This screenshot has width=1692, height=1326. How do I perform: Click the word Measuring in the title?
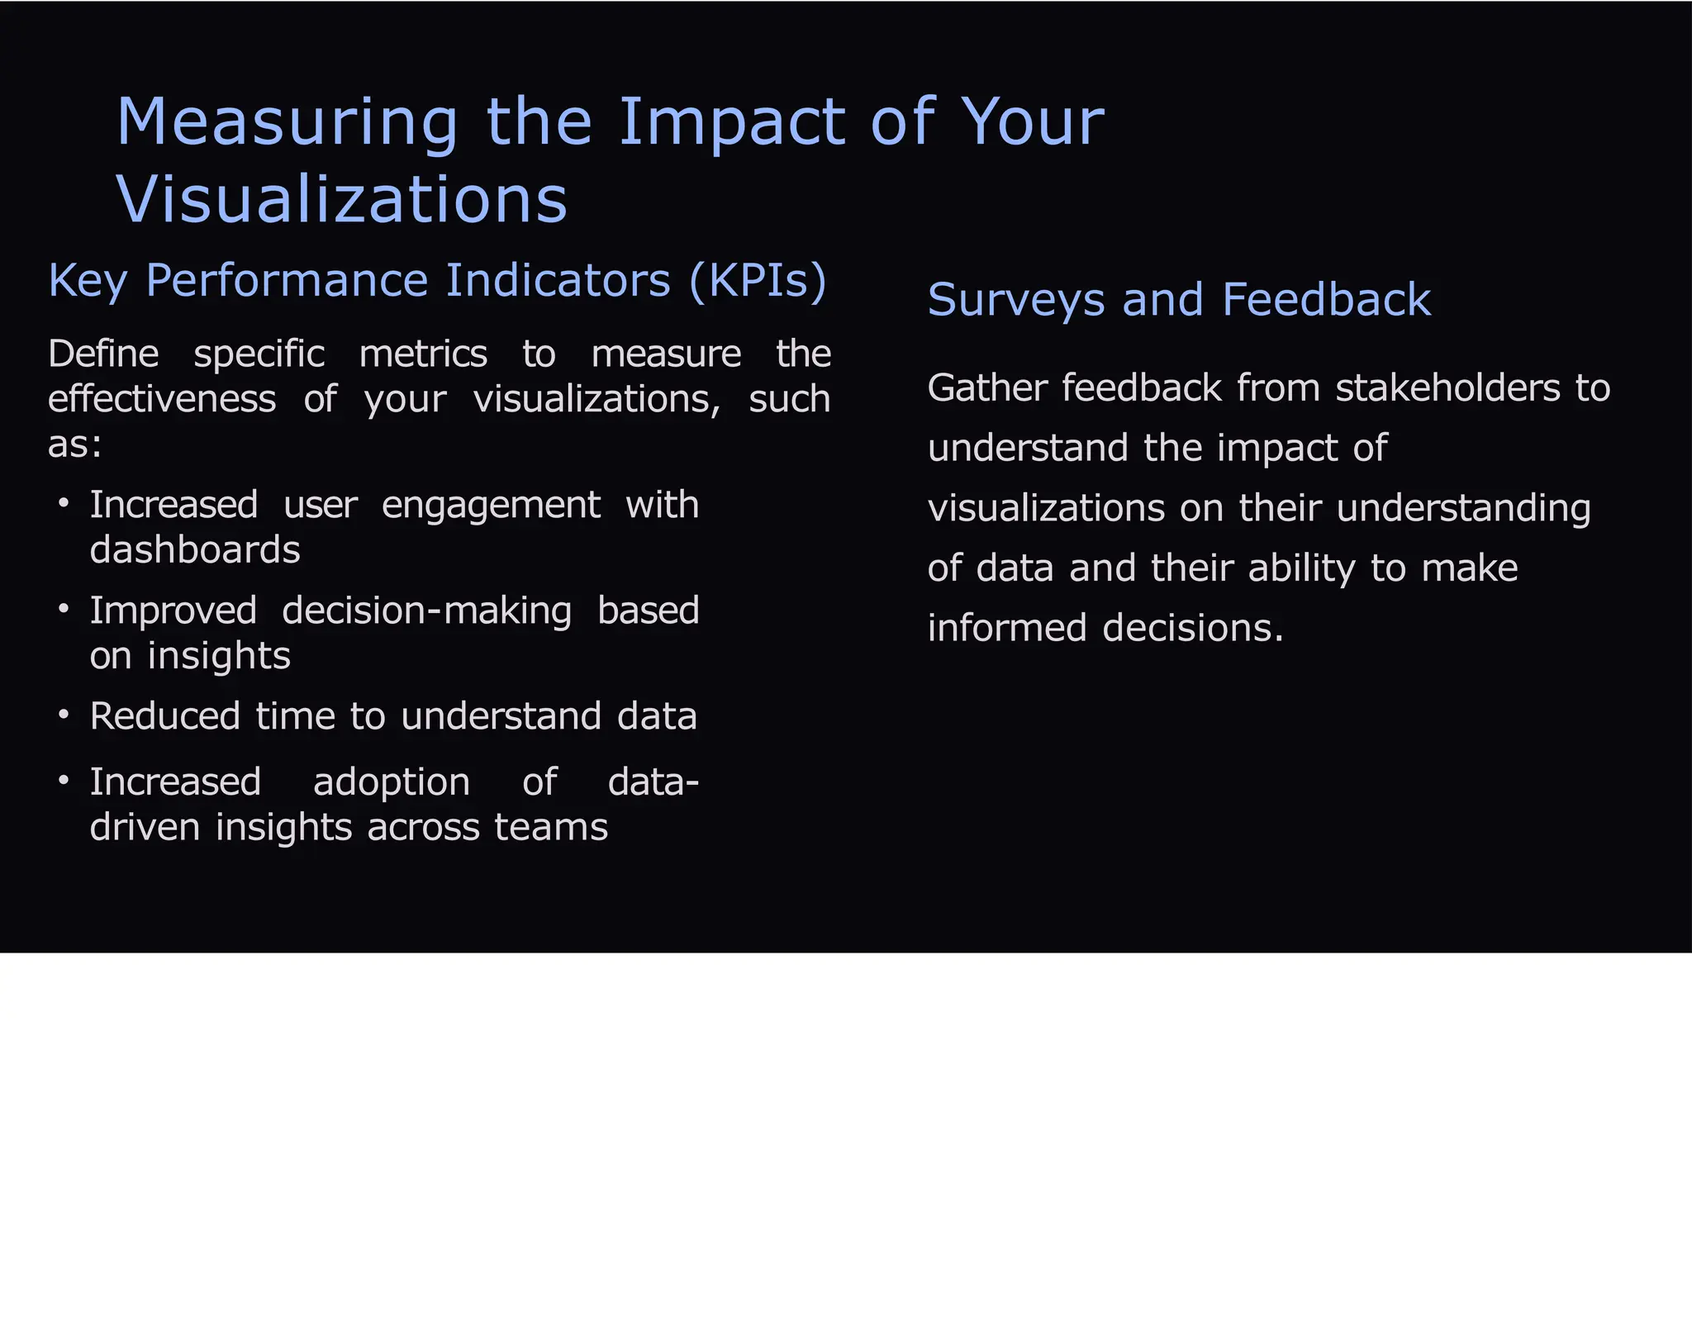point(287,122)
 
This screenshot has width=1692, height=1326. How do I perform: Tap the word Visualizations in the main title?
point(341,200)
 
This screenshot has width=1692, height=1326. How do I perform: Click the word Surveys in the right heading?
point(1015,300)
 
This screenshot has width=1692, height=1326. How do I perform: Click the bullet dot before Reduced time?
point(64,714)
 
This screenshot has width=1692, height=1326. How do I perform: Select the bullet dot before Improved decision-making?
point(64,609)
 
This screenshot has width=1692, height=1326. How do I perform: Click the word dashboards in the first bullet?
point(195,550)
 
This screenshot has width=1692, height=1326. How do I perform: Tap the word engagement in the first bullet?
point(491,506)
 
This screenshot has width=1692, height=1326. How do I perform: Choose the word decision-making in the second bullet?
point(426,611)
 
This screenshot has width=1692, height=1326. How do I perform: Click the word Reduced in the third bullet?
point(164,716)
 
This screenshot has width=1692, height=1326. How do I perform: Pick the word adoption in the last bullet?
point(391,782)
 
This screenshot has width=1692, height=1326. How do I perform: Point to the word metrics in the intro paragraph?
point(423,354)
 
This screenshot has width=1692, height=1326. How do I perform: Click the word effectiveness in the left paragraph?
point(162,399)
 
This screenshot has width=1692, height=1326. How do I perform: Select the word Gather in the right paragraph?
point(986,388)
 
